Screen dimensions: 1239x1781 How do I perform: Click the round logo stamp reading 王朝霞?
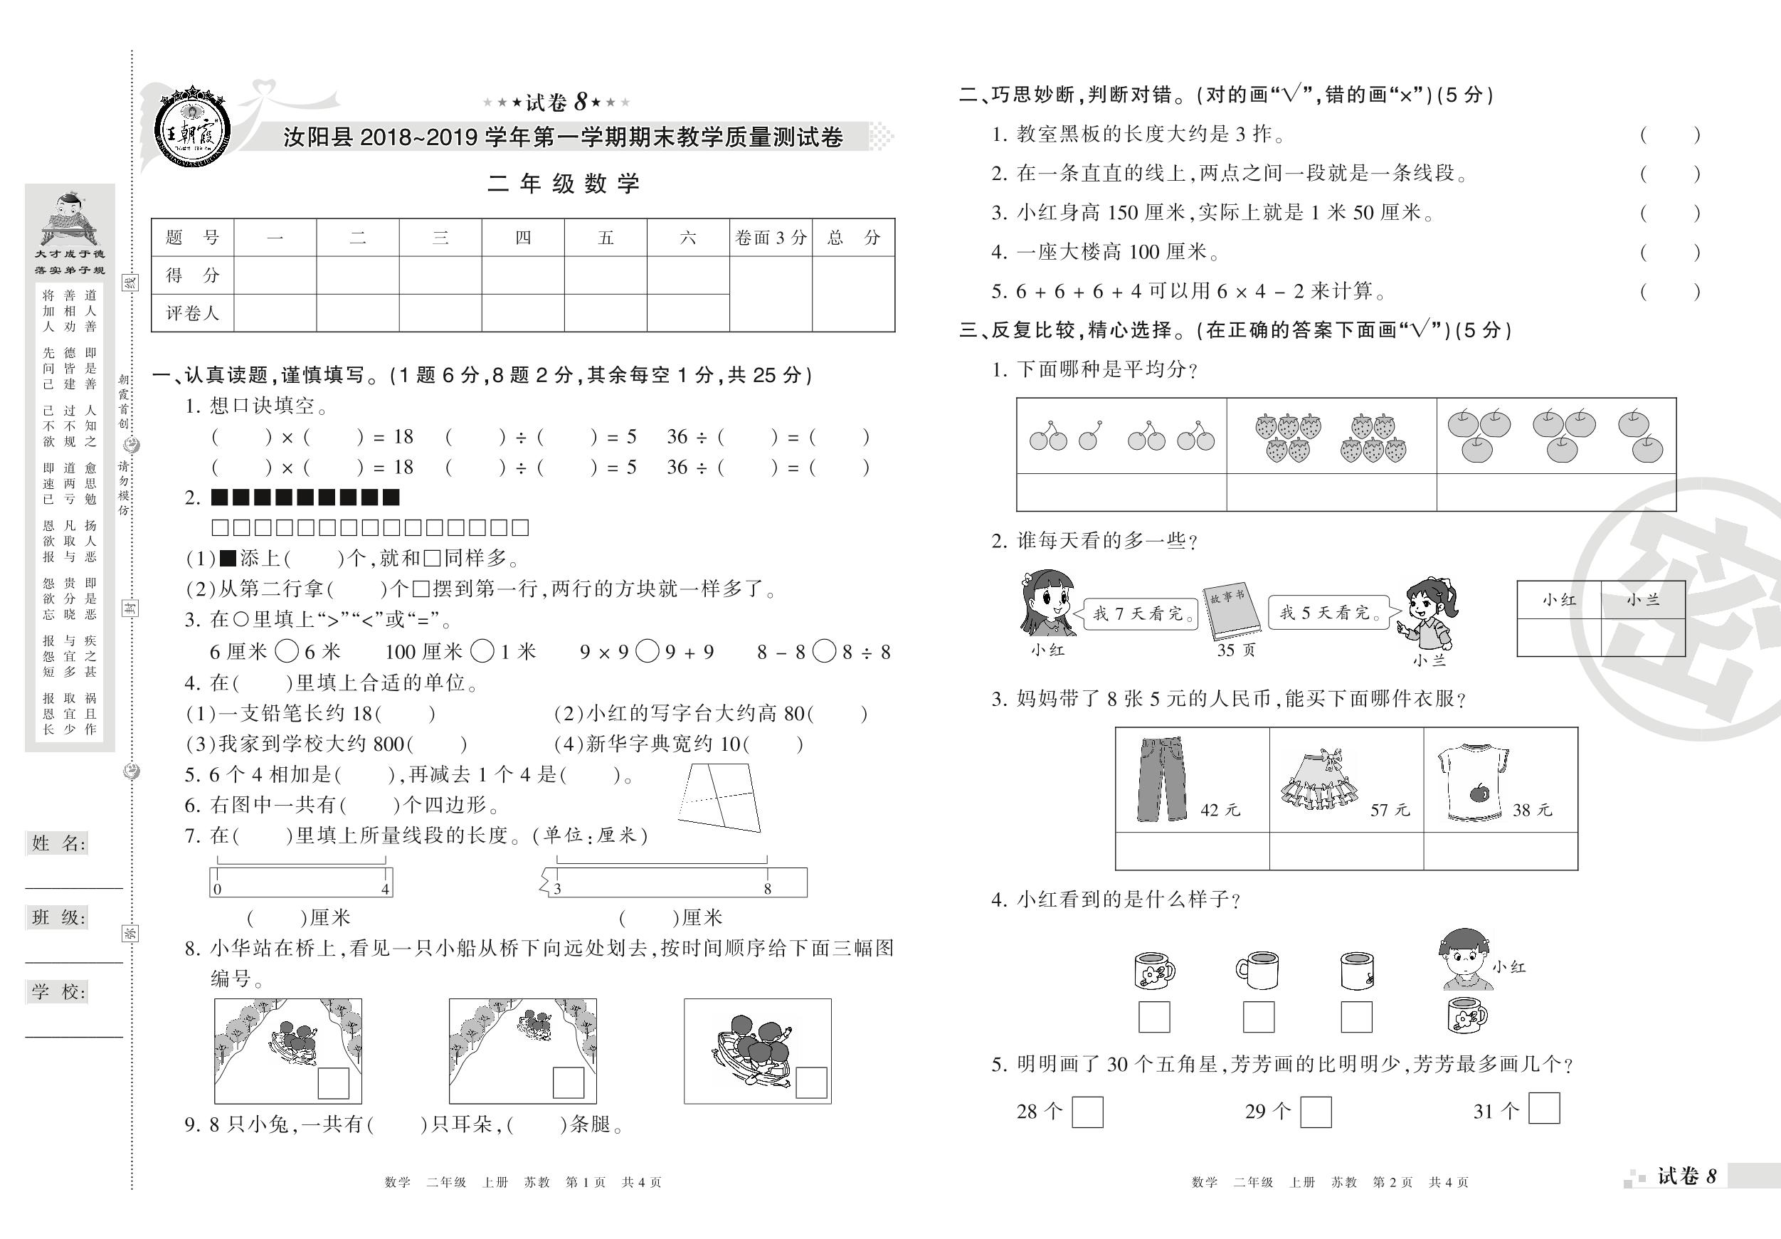[x=191, y=126]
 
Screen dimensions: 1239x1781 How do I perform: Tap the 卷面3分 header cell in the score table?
[x=771, y=238]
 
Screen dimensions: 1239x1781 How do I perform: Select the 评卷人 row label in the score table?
[x=192, y=312]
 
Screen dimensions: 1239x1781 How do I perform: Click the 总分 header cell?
[x=853, y=238]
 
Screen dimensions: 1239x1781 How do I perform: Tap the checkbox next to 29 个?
[x=1315, y=1112]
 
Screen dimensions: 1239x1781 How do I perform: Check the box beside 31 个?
[x=1543, y=1108]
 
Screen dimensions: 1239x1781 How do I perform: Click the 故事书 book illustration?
[x=1231, y=613]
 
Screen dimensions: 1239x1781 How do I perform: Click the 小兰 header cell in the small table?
[x=1642, y=600]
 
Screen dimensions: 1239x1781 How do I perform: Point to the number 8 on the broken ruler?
[x=767, y=889]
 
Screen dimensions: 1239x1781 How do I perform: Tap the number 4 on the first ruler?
[x=385, y=889]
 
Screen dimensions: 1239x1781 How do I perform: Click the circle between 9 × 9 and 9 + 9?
[x=647, y=652]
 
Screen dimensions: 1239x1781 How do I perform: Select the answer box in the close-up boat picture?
[x=810, y=1082]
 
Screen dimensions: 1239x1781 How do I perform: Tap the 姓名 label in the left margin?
[x=58, y=843]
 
